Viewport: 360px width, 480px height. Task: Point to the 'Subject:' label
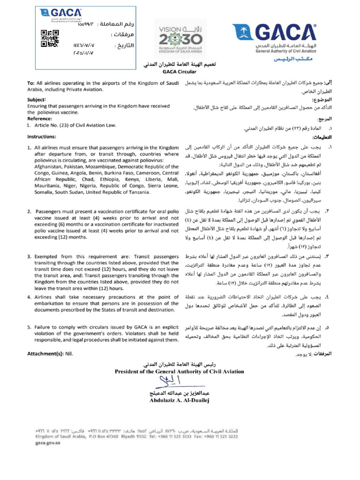click(x=37, y=100)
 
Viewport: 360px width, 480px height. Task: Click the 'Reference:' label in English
click(x=40, y=119)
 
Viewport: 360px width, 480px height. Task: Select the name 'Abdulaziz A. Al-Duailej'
click(x=180, y=401)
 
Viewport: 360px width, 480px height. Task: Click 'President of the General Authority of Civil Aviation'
click(x=180, y=371)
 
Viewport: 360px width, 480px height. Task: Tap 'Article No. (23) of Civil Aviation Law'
click(x=72, y=125)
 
